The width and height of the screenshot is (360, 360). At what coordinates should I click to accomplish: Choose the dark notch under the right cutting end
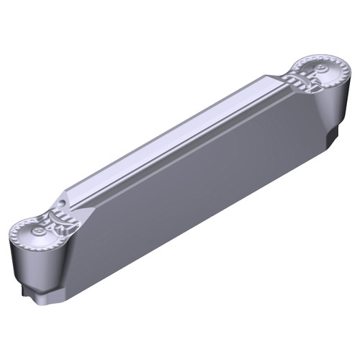[333, 138]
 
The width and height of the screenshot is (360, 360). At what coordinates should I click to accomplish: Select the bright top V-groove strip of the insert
[173, 140]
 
